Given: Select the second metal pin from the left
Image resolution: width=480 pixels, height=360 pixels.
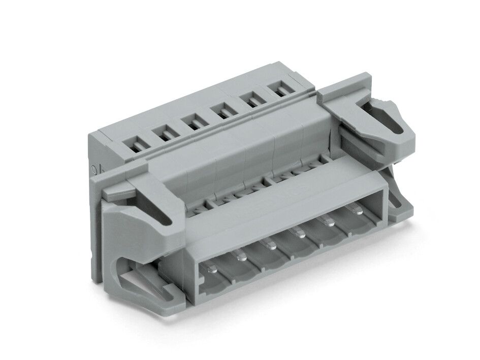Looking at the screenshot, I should [x=241, y=258].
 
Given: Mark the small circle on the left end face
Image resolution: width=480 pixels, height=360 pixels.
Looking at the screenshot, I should [x=93, y=170].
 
